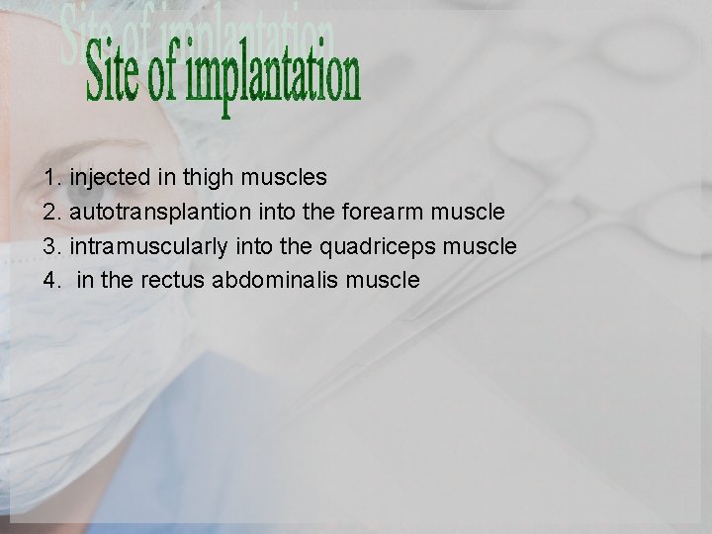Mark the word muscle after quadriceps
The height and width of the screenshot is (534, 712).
tap(480, 246)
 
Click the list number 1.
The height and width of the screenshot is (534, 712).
tap(51, 178)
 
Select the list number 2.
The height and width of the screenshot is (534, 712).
tap(51, 212)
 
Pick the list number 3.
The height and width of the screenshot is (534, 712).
tap(51, 246)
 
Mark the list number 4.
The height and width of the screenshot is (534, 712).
tap(51, 281)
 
